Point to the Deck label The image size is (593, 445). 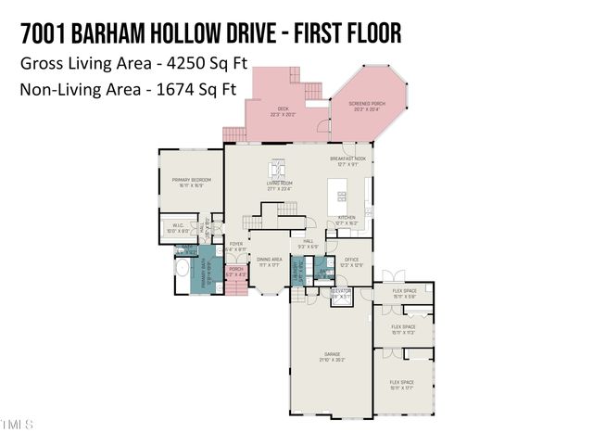(x=284, y=111)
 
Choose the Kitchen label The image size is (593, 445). (x=347, y=222)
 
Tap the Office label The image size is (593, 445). (x=351, y=262)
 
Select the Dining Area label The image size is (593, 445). (x=270, y=262)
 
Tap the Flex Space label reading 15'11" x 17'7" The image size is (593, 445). (x=402, y=384)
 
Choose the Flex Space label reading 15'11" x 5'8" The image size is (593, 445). (x=402, y=294)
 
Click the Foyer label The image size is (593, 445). (x=236, y=247)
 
